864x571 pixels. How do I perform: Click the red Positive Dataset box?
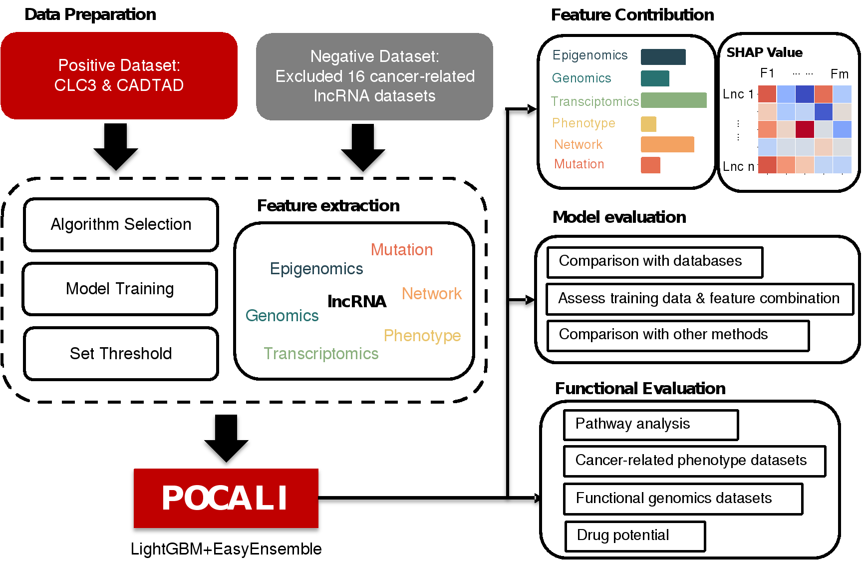(119, 75)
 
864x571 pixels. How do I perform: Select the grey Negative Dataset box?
(374, 76)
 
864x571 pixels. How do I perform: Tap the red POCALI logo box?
(226, 498)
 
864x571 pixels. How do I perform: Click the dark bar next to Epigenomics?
(663, 57)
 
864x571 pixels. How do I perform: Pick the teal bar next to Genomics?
(655, 78)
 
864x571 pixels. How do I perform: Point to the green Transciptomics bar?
(673, 100)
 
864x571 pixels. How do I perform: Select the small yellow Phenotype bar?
(648, 124)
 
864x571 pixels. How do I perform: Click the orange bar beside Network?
(667, 144)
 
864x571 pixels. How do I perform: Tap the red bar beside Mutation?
(650, 165)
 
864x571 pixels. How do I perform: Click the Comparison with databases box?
(654, 262)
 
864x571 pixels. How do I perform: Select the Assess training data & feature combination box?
(699, 299)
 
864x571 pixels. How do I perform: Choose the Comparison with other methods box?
(677, 335)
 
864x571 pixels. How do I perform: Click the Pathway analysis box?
(650, 425)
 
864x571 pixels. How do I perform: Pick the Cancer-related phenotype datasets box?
(694, 461)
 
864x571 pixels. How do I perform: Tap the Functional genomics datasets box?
(683, 499)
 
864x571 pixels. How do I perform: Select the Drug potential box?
(635, 536)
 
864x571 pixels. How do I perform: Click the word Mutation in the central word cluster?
(402, 250)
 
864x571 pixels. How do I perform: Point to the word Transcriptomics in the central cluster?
(321, 354)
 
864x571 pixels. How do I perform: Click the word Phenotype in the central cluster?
(422, 336)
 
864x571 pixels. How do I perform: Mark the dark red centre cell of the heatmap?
(805, 129)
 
